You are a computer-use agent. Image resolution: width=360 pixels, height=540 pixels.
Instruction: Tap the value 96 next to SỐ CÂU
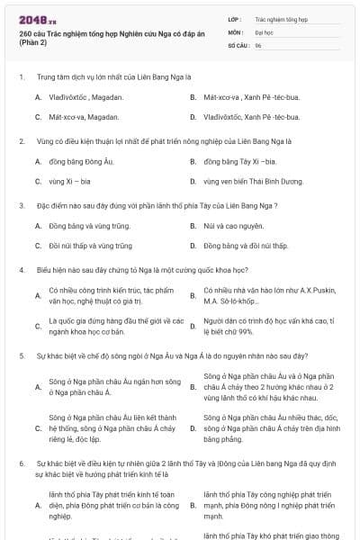click(258, 44)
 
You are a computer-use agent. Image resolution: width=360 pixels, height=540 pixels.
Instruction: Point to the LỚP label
click(234, 18)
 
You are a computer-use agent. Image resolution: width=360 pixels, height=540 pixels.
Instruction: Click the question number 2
click(21, 141)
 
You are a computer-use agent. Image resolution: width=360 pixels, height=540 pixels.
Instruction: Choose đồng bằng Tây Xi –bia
click(239, 161)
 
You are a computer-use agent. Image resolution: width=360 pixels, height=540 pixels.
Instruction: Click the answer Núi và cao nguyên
click(233, 226)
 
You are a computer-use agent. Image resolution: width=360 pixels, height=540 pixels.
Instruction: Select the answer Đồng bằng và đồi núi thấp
click(245, 246)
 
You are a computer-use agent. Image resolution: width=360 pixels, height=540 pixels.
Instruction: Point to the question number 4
click(21, 270)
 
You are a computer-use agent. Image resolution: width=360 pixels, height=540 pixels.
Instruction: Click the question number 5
click(21, 355)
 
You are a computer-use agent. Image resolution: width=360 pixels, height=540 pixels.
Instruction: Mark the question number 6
click(21, 463)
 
